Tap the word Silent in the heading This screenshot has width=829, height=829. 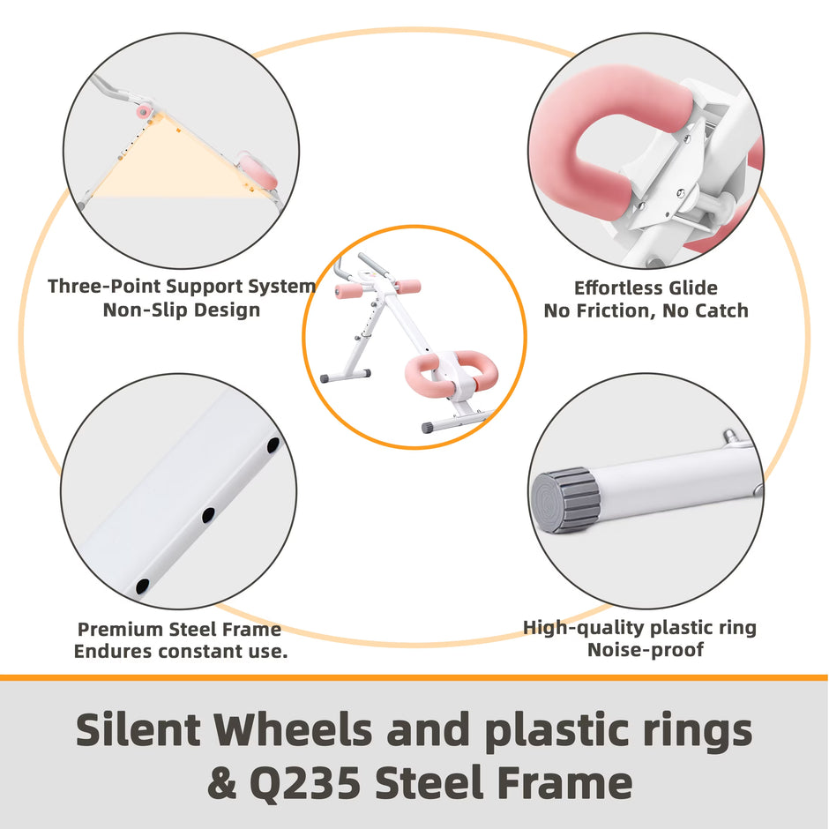[x=138, y=730]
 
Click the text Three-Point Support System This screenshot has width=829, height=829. [x=182, y=286]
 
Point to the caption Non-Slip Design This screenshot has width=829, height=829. [x=182, y=310]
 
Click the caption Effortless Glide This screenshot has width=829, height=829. [x=646, y=288]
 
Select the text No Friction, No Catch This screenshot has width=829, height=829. [x=646, y=310]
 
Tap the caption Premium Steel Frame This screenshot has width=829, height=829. [x=179, y=629]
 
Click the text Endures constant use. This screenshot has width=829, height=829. [x=181, y=652]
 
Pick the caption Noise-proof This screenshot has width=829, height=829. [x=646, y=650]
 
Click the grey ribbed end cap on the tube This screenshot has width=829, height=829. [x=564, y=500]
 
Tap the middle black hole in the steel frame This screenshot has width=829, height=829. [x=208, y=515]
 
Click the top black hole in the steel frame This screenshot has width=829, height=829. [x=273, y=445]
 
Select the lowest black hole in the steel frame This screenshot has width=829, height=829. [x=143, y=586]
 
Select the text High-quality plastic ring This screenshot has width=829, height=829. [x=639, y=628]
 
